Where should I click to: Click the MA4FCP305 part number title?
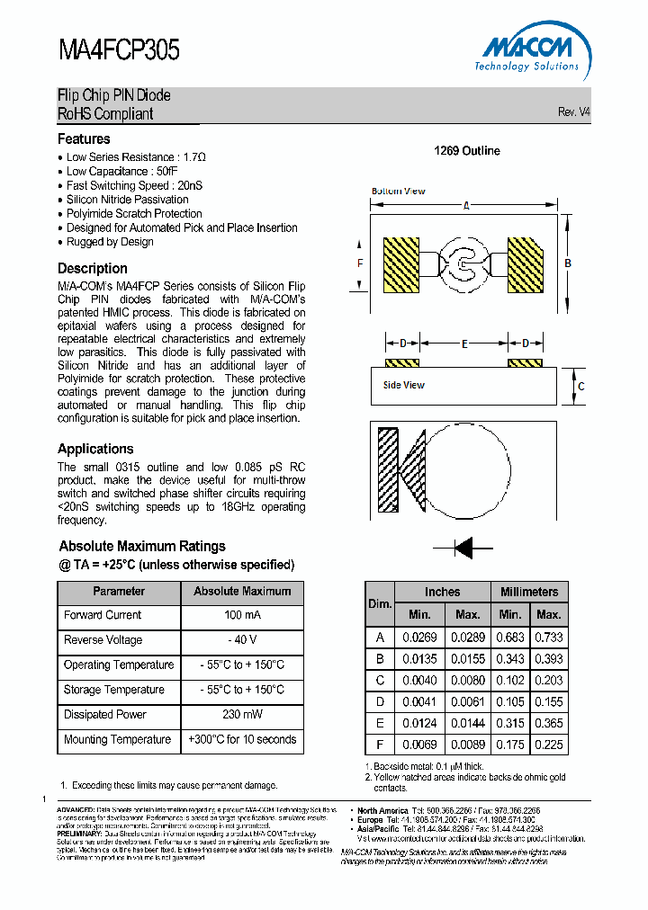point(119,49)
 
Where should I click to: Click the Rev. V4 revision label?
point(573,112)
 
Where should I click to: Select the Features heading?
point(84,139)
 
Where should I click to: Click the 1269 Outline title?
point(467,151)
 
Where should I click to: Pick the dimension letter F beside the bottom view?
point(360,263)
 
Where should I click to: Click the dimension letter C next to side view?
point(581,387)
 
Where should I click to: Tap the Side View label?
point(403,385)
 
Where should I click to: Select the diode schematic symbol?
point(463,546)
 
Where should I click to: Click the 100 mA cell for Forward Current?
point(242,615)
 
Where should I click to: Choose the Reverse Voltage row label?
point(103,640)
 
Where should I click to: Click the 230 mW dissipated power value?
point(242,714)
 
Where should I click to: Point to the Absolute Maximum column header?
point(242,592)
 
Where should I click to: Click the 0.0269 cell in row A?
point(418,637)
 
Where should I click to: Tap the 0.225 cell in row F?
point(549,745)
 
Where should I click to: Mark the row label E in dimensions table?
point(380,723)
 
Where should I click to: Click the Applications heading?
point(95,449)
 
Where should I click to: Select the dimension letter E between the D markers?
point(464,343)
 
